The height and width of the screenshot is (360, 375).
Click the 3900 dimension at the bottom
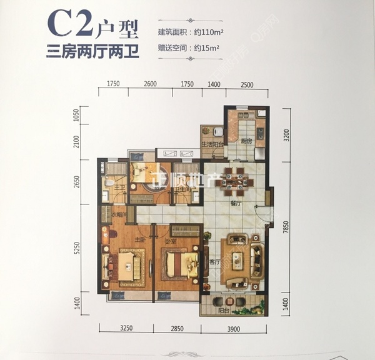click(x=235, y=329)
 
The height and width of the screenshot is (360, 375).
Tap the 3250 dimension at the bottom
click(x=127, y=329)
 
